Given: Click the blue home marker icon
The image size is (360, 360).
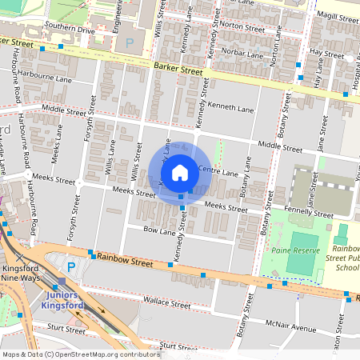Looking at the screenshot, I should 180,172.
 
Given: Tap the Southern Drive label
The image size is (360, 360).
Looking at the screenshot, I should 70,29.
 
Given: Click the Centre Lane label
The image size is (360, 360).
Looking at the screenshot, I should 218,172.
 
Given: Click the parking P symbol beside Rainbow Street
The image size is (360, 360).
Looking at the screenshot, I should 71,266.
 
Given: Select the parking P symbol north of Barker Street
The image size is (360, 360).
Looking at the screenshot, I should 130,42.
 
